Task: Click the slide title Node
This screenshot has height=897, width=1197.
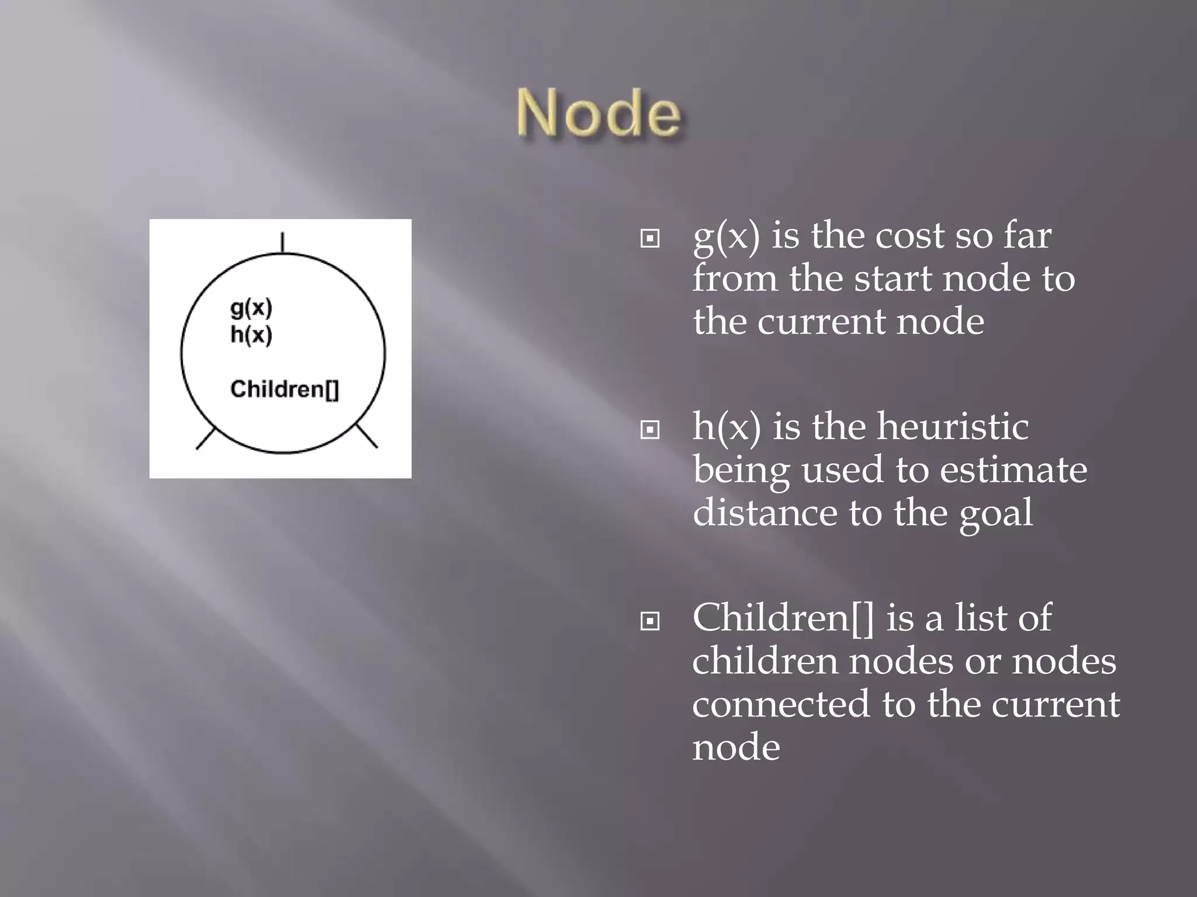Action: click(x=598, y=114)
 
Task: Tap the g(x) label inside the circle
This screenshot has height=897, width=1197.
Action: click(x=251, y=308)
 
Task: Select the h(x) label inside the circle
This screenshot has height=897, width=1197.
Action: click(x=251, y=335)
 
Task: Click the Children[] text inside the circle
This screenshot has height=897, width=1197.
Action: click(x=285, y=389)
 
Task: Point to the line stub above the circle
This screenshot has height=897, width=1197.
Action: click(x=283, y=242)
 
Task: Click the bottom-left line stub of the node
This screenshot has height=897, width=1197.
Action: click(x=205, y=439)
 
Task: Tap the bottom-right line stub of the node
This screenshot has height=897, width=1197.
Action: click(x=367, y=436)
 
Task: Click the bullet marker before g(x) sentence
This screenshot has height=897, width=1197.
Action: click(x=650, y=238)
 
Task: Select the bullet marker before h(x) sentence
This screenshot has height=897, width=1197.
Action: click(x=650, y=430)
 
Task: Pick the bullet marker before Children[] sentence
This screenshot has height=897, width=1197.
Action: click(x=650, y=621)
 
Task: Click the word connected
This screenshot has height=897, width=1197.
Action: click(x=781, y=704)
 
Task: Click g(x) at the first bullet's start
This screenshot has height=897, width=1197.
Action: click(x=726, y=237)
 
